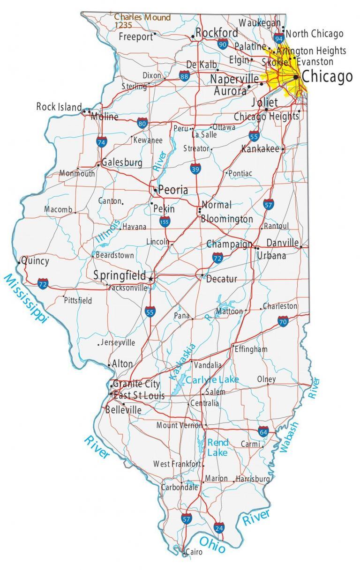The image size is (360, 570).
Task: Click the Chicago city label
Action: [x=327, y=76]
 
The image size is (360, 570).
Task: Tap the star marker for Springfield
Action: [x=150, y=279]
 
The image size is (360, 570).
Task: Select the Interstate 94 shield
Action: [x=279, y=37]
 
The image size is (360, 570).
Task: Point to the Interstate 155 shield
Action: [x=165, y=221]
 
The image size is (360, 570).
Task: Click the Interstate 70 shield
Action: [x=283, y=321]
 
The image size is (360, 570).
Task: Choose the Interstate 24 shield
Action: [x=219, y=527]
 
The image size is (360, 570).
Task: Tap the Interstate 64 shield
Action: [x=263, y=431]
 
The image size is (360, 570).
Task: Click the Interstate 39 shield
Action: [x=196, y=169]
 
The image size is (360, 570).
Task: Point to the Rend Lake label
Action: [x=218, y=447]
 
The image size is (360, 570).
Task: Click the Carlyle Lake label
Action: [x=212, y=379]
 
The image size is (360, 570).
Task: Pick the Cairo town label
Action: [x=194, y=552]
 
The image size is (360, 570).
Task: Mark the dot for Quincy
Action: [x=19, y=262]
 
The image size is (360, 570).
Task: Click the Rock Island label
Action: [x=59, y=107]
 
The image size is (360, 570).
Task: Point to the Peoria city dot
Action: [x=155, y=190]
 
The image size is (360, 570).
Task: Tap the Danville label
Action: [x=282, y=243]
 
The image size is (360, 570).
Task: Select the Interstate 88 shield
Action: [x=184, y=76]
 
